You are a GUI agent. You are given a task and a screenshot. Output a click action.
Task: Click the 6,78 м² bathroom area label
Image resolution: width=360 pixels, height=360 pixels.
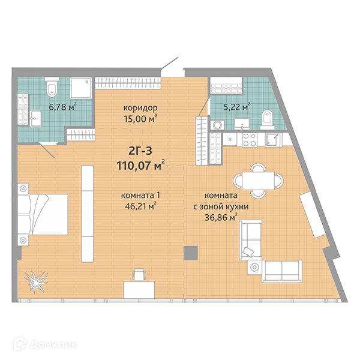coord(62,107)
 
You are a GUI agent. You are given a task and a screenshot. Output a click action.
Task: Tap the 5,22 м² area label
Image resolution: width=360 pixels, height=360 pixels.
coord(237,107)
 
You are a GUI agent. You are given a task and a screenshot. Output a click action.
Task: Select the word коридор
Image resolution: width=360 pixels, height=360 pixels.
coord(140,107)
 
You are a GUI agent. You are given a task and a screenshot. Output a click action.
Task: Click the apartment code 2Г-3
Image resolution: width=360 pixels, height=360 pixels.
coord(140,151)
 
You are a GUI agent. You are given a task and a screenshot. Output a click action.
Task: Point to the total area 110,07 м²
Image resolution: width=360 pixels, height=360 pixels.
coord(140,165)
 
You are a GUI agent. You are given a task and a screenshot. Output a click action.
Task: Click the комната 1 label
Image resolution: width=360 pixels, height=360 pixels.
coord(140,196)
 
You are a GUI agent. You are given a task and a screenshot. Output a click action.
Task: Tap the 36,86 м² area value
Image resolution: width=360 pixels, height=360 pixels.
coord(221,217)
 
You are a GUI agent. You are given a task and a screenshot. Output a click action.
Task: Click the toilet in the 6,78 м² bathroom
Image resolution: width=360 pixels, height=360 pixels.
coord(52,87)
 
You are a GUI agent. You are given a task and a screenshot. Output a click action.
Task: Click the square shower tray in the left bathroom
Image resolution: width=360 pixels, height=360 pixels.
coord(81,88)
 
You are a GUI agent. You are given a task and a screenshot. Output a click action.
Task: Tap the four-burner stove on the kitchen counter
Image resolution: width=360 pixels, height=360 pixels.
coord(250,139)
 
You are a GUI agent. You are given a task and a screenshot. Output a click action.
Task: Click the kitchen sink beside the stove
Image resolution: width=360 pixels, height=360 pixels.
coord(273,140)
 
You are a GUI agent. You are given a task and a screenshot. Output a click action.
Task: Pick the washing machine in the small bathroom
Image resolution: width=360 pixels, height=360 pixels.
coord(217,125)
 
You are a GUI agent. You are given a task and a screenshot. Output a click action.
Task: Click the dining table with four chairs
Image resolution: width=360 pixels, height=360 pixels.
coord(258,181)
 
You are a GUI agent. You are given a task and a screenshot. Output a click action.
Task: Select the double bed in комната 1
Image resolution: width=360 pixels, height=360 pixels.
coord(43,214)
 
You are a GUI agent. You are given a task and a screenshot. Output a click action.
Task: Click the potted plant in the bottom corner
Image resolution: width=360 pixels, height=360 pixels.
coord(36,282)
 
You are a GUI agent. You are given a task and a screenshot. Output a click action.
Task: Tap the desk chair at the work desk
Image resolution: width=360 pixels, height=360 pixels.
coord(139,275)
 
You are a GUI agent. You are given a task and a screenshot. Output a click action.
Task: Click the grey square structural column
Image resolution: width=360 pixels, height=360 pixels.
coord(191,253)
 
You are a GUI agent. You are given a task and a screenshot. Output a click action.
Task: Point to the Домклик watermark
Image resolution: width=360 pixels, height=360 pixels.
coord(45,345)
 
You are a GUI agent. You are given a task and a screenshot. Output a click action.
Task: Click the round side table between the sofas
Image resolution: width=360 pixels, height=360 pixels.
coord(254,267)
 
